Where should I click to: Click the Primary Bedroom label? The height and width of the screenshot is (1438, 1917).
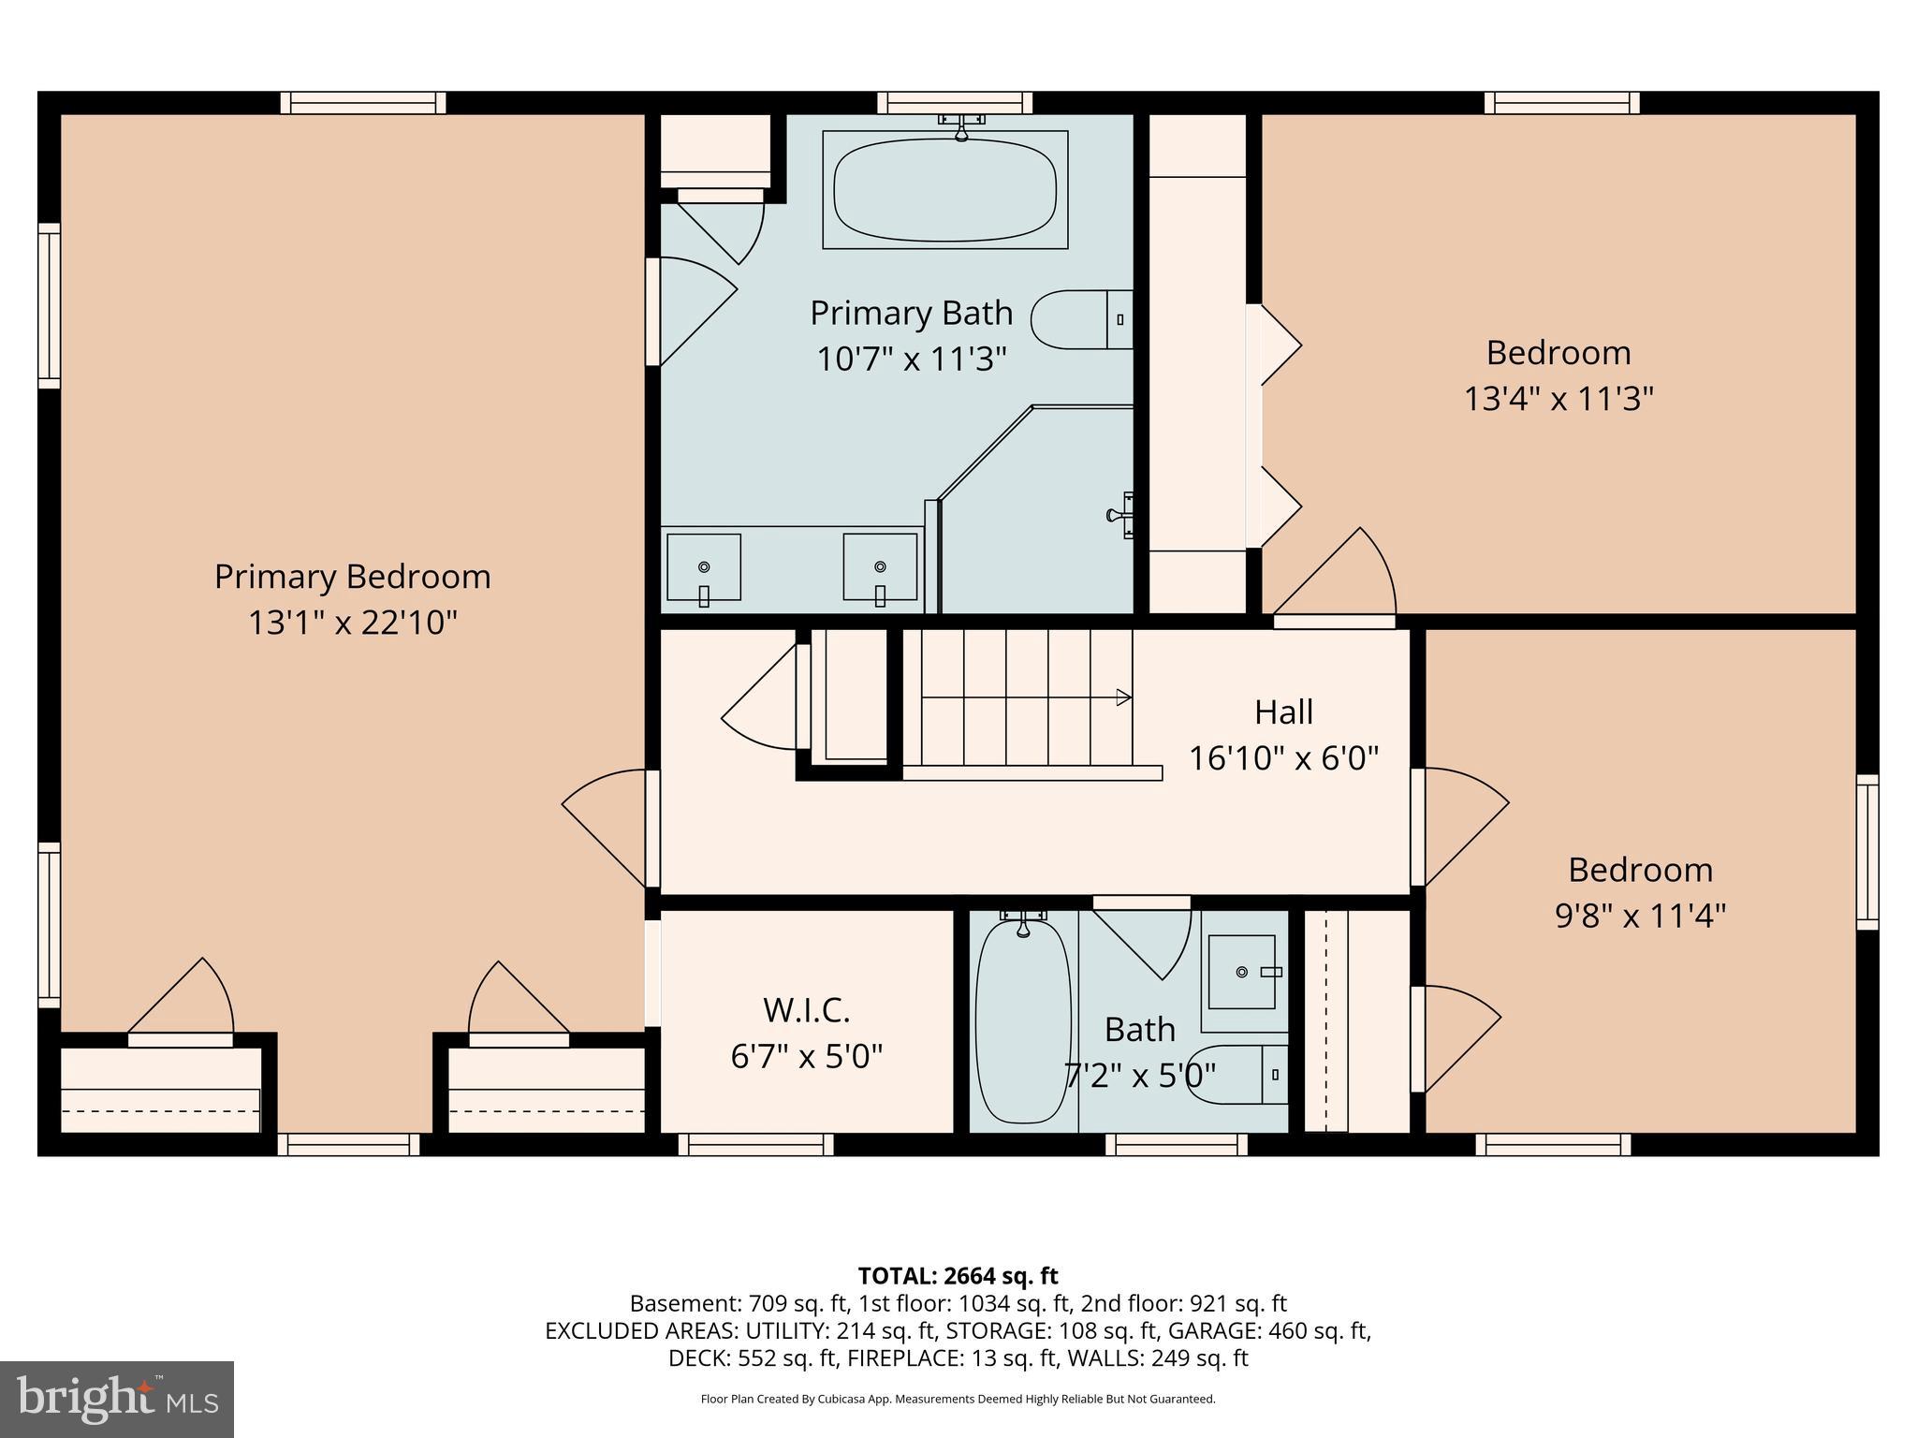(x=352, y=577)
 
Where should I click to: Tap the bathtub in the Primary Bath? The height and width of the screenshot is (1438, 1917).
(x=944, y=189)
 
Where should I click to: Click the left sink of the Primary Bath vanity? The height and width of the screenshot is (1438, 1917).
(x=703, y=567)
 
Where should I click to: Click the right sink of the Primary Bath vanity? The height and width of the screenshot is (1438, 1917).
(x=880, y=567)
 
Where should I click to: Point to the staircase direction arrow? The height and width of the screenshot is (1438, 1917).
(x=1122, y=697)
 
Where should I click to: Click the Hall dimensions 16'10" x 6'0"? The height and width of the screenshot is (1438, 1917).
(x=1283, y=757)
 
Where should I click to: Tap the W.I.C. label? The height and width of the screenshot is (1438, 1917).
(x=806, y=1010)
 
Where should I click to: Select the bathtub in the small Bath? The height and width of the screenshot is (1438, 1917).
(x=1022, y=1022)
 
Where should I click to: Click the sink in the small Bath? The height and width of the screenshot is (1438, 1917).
(x=1241, y=972)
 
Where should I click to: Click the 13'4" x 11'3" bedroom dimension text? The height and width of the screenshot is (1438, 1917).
(x=1558, y=399)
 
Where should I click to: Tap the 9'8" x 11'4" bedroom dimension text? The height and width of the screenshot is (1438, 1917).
(x=1640, y=915)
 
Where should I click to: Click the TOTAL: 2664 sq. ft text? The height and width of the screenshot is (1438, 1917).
(x=958, y=1275)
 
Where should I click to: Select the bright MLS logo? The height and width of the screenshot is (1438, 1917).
(x=117, y=1399)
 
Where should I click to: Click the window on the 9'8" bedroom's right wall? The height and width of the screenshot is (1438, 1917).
(x=1866, y=852)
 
